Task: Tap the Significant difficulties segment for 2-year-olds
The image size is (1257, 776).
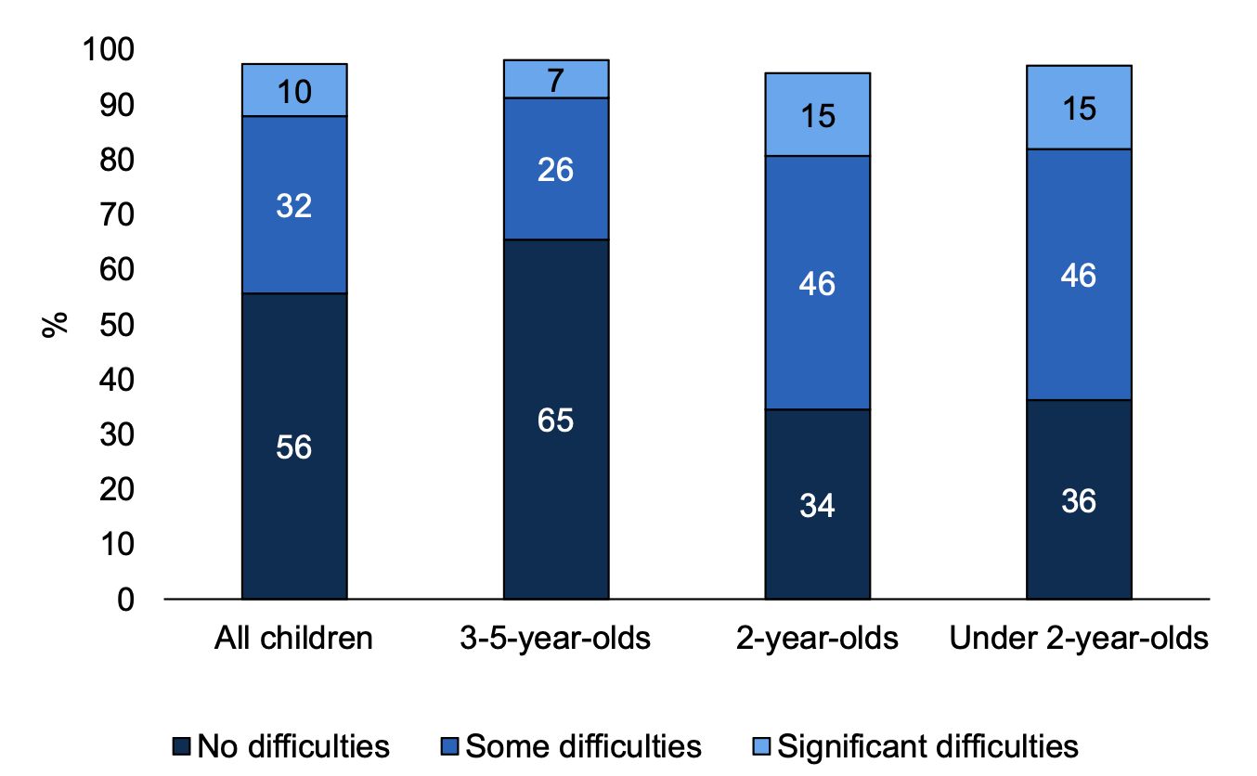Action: (x=817, y=114)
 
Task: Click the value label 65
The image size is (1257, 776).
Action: (x=555, y=420)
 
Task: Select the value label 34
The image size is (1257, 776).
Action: (x=817, y=505)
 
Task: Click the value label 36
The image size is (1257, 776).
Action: (x=1079, y=501)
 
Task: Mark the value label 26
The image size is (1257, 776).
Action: (x=555, y=170)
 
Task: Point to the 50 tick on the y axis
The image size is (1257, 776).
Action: (x=117, y=325)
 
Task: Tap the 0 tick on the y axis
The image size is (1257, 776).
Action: (x=125, y=600)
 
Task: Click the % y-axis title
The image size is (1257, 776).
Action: (x=56, y=324)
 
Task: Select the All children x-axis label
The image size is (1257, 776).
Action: (x=294, y=640)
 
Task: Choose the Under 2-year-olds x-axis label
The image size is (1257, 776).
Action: (x=1079, y=640)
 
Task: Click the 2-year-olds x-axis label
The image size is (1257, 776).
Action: (x=817, y=640)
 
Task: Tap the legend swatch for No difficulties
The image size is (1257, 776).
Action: (x=183, y=746)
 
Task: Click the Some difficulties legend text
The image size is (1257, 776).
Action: (x=583, y=746)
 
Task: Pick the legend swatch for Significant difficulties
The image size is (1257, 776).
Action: (x=762, y=746)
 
